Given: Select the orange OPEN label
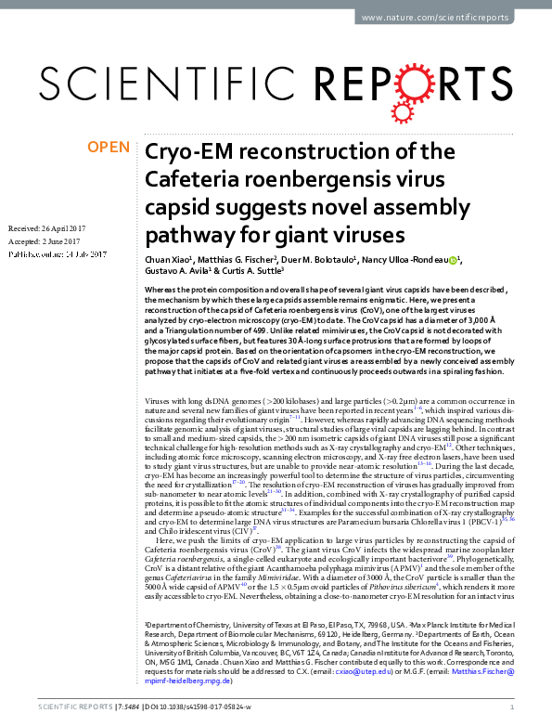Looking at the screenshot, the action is point(109,148).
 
